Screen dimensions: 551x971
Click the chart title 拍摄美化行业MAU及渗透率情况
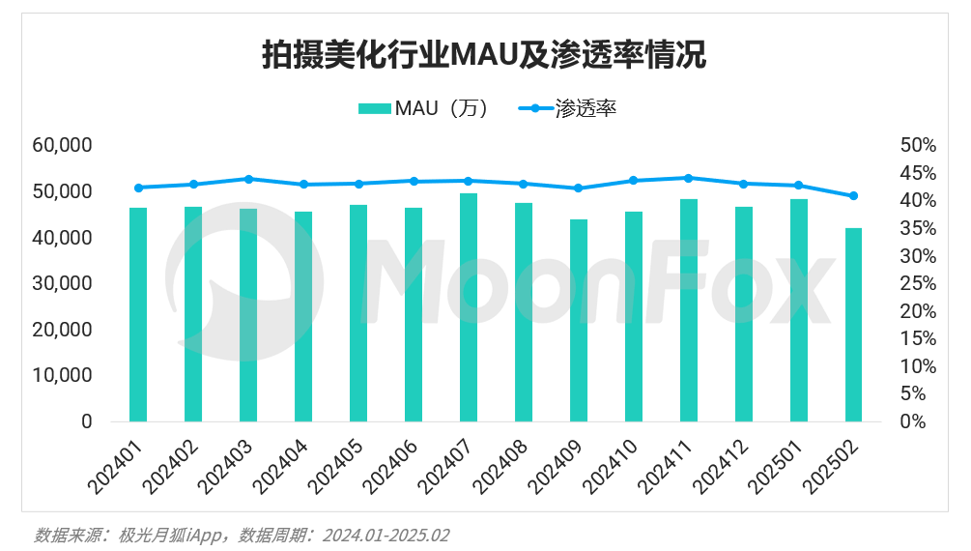484,54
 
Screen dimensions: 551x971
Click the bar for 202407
469,307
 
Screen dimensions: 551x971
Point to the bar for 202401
138,314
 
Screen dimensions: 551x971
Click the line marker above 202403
248,179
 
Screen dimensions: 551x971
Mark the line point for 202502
853,196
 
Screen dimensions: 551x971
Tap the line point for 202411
688,178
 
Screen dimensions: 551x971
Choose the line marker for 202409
579,188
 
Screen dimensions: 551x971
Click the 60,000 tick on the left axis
61,145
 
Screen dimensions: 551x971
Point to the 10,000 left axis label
61,375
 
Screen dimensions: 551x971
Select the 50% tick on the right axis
918,145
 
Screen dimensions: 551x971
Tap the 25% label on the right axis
918,283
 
